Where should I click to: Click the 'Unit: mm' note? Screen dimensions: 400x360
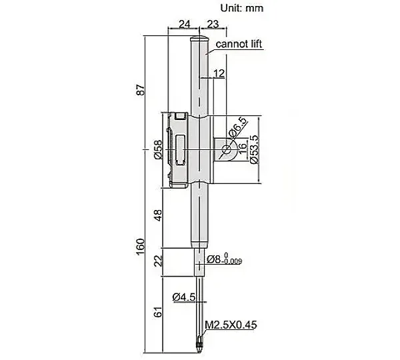tap(241, 8)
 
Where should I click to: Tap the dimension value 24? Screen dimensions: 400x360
tap(185, 24)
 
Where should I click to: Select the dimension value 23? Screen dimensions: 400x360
tap(213, 24)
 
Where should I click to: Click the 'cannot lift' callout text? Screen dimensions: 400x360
tap(239, 44)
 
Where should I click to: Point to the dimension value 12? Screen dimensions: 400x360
tap(219, 73)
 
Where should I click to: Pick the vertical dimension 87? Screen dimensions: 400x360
tap(140, 90)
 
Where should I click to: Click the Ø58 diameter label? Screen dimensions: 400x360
tap(159, 149)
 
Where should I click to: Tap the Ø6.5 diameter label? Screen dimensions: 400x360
tap(238, 127)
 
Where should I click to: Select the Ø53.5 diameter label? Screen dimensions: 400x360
tap(255, 149)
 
